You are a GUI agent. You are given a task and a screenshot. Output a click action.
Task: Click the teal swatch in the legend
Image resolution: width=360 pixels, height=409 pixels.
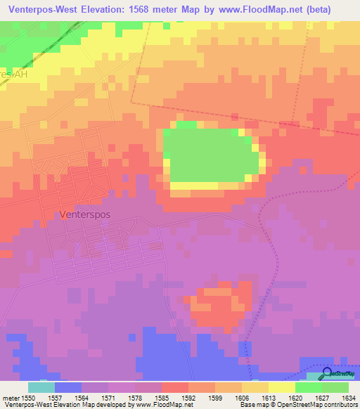click(41, 387)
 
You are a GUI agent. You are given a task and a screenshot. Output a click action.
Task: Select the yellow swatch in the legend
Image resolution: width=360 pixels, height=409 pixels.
click(281, 387)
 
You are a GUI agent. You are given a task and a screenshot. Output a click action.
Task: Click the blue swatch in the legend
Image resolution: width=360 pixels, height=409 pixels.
click(67, 387)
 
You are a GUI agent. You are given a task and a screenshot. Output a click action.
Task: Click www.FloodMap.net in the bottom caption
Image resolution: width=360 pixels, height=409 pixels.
click(165, 405)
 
